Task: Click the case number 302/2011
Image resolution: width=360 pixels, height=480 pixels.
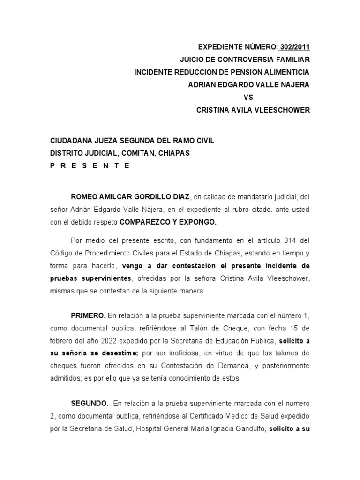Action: tap(294, 47)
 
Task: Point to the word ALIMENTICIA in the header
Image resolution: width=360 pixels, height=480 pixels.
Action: tap(286, 73)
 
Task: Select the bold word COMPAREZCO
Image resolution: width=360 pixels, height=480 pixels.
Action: tap(142, 222)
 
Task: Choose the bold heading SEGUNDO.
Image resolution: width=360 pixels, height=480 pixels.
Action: tap(90, 403)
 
